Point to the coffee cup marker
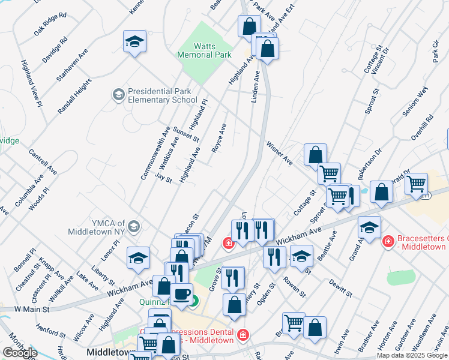[181, 295]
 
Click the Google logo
[20, 353]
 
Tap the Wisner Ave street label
[280, 153]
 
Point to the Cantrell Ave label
[42, 160]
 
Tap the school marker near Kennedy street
[135, 41]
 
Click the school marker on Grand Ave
[370, 228]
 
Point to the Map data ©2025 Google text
[412, 355]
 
